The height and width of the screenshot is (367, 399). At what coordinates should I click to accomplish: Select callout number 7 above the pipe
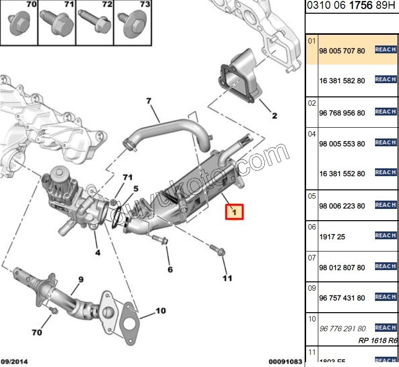tap(149, 101)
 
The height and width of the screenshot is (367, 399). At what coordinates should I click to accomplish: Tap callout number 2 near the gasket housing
tap(274, 115)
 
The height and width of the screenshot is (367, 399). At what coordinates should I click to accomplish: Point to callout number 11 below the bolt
tap(227, 278)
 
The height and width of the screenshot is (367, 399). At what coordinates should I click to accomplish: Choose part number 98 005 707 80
tap(342, 50)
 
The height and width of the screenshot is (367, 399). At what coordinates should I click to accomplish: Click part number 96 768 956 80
tap(342, 113)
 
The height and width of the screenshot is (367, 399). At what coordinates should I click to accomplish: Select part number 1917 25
tap(332, 237)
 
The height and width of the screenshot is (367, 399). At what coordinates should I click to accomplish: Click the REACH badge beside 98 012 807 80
tap(385, 266)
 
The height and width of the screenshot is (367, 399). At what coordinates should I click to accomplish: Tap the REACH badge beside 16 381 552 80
tap(385, 172)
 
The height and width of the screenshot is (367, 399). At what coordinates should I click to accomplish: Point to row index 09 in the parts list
tap(312, 288)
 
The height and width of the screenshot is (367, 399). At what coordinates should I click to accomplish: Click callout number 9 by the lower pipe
tap(81, 280)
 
